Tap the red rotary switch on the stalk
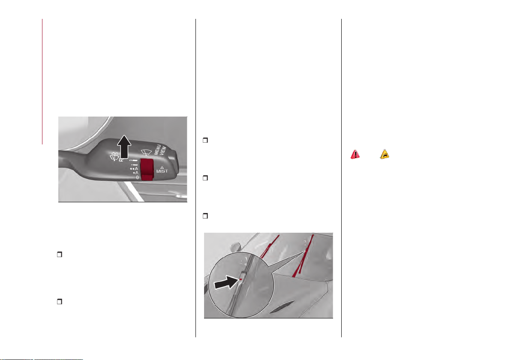pos(147,169)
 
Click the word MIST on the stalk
pos(162,171)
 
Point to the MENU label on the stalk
pos(157,150)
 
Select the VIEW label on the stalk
pos(163,151)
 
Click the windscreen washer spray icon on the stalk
pos(114,157)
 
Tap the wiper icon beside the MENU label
pos(146,152)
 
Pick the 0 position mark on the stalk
pos(137,177)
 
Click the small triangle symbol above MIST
pos(162,167)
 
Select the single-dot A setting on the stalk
pos(135,173)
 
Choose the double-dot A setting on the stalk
pos(134,169)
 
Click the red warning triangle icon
pos(355,154)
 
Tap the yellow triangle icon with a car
pos(385,154)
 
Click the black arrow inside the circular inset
pos(226,282)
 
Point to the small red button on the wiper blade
pos(241,279)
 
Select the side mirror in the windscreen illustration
pos(234,247)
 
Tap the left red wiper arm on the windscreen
pos(270,246)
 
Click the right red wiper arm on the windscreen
pos(304,256)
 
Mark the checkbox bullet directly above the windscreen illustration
pos(205,216)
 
